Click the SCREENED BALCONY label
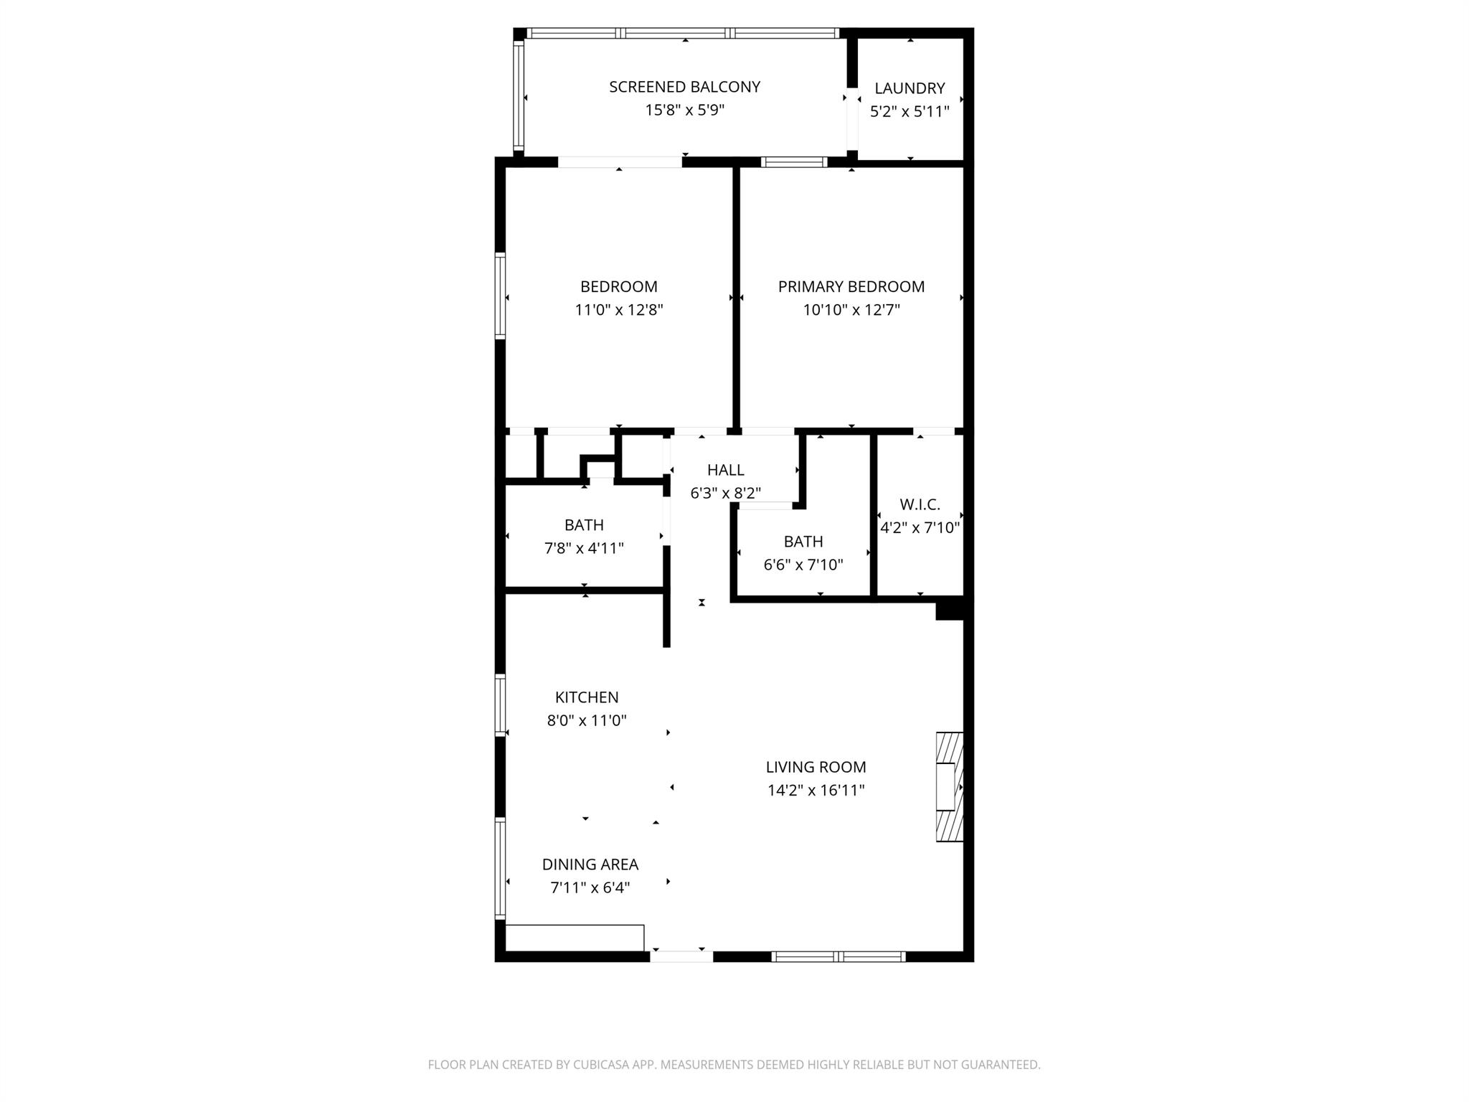click(x=684, y=87)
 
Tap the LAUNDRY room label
click(x=910, y=88)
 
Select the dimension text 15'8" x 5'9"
click(x=684, y=110)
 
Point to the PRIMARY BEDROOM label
click(x=851, y=287)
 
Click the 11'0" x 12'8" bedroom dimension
click(x=619, y=310)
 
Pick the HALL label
click(x=725, y=470)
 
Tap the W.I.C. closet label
click(x=920, y=504)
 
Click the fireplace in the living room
click(x=949, y=786)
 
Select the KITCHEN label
click(x=587, y=697)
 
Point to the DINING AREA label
click(x=590, y=865)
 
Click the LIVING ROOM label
click(x=816, y=767)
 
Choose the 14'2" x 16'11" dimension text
click(x=816, y=791)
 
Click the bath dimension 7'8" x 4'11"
click(x=584, y=549)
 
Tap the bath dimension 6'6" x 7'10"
click(x=803, y=565)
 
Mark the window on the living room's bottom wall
click(x=839, y=956)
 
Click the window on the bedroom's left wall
click(x=501, y=295)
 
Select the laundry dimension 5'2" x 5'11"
click(x=910, y=112)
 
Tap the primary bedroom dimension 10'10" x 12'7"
click(x=851, y=310)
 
